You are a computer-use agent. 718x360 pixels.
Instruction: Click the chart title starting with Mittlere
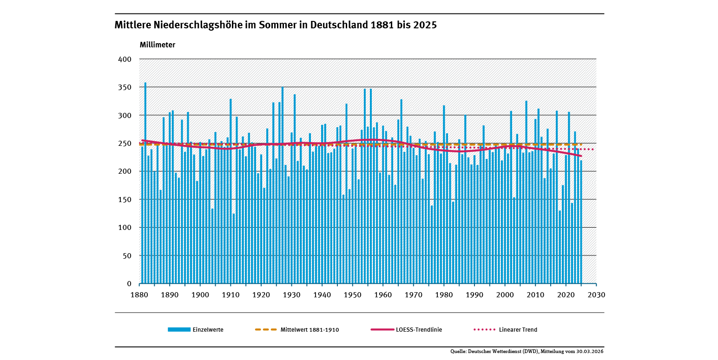[276, 26]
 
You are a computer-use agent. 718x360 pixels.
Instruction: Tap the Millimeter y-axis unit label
[158, 45]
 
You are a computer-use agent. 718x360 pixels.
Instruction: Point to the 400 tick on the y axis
[126, 59]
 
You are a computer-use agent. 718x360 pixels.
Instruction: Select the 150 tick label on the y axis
[126, 199]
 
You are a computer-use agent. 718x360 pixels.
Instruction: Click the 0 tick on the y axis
[130, 283]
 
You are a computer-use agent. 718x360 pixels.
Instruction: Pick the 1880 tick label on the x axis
[139, 295]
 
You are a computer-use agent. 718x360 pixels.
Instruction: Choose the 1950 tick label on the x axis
[352, 295]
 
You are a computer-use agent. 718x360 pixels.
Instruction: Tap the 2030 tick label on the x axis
[596, 295]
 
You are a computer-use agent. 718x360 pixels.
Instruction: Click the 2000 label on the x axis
[505, 295]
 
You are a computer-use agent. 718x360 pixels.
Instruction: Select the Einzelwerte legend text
[208, 330]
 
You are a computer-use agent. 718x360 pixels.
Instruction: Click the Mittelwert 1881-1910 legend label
[310, 330]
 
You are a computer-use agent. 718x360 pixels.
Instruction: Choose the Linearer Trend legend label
[518, 330]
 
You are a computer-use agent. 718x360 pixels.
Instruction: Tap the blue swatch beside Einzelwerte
[179, 330]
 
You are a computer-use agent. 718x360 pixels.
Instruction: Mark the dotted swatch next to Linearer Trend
[484, 330]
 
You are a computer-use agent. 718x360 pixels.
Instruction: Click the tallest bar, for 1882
[145, 186]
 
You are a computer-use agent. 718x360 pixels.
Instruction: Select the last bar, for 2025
[581, 223]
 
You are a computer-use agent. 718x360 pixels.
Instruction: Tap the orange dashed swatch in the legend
[266, 330]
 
